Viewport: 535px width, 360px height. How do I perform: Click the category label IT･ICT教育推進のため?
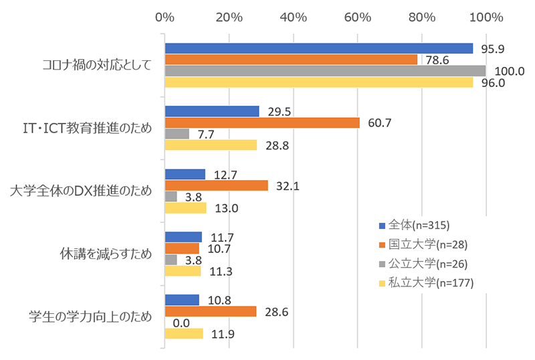(x=88, y=128)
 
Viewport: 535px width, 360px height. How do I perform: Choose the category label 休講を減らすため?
(x=106, y=254)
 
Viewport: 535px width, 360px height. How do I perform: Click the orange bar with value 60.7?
(x=262, y=122)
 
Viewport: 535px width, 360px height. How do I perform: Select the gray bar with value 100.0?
(x=325, y=71)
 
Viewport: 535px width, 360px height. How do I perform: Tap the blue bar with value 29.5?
(x=212, y=111)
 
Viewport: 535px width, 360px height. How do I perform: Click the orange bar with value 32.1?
(x=216, y=185)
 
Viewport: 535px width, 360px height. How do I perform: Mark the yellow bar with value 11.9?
(x=184, y=333)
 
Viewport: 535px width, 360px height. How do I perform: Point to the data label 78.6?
(x=439, y=60)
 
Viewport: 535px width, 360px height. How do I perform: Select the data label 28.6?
(x=275, y=311)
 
